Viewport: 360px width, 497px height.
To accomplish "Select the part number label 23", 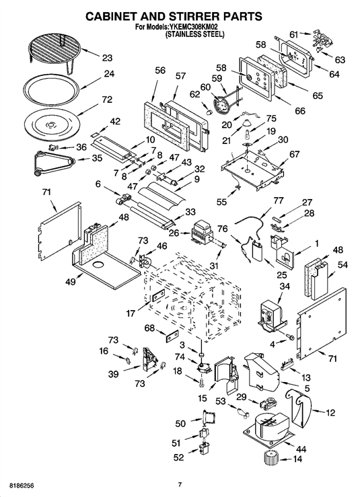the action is pos(107,58).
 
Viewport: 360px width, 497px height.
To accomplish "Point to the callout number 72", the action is pos(107,100).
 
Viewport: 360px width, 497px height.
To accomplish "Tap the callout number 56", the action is pos(160,70).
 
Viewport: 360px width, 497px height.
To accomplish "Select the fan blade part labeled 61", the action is pos(321,38).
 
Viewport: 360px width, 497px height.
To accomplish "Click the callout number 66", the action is pos(299,110).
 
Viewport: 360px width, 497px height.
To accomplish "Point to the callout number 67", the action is pos(294,154).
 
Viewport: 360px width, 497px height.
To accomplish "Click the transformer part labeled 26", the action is pos(203,232).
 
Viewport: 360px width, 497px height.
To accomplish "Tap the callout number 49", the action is pos(71,281).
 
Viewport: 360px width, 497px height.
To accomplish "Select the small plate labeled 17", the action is pos(158,296).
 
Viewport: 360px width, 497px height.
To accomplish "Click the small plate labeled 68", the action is pos(171,336).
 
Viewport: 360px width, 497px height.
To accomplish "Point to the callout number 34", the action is pos(285,286).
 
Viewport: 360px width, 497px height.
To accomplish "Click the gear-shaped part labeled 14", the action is pos(271,459).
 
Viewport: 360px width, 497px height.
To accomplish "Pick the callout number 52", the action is pos(179,457).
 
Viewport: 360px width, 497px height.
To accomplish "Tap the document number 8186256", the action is pos(22,486).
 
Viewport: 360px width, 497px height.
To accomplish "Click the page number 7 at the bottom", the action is pos(180,485).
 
